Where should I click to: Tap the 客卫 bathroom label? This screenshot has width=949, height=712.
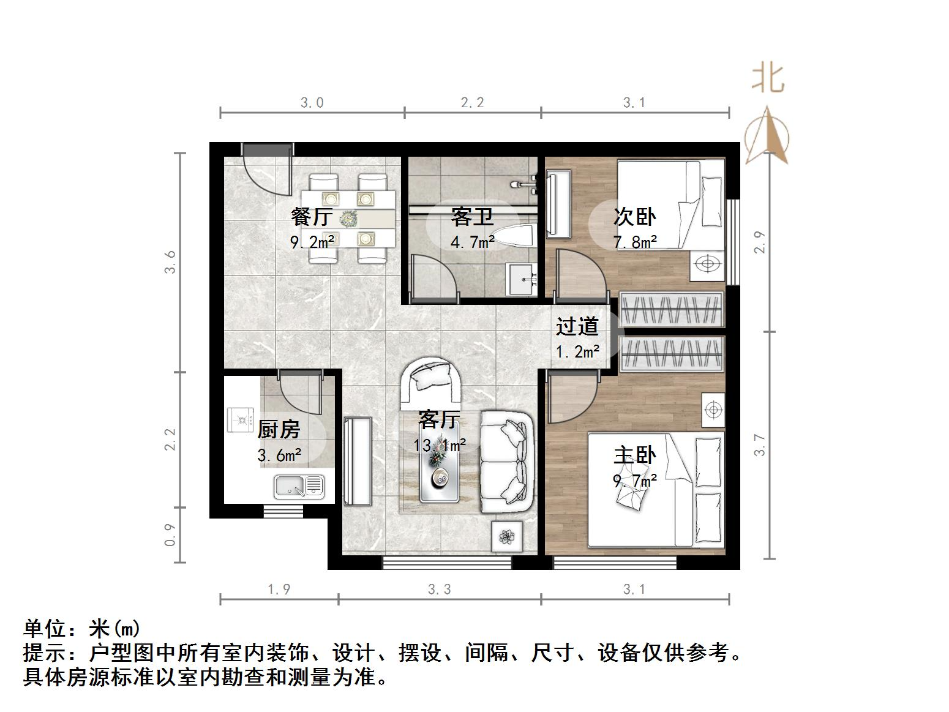click(x=472, y=217)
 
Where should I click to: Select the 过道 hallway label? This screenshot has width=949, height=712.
click(x=577, y=326)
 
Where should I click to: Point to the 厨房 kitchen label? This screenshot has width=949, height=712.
click(x=279, y=430)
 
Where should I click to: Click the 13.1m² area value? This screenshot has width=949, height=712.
click(x=440, y=445)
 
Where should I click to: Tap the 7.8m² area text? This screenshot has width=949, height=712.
click(x=636, y=242)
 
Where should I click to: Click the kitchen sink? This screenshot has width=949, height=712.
click(x=299, y=486)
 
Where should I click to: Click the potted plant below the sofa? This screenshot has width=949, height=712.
click(x=507, y=537)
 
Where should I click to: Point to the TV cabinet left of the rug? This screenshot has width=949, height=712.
click(x=358, y=461)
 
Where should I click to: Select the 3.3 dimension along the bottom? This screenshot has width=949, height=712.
click(x=440, y=590)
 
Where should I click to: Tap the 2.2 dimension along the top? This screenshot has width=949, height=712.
click(x=472, y=103)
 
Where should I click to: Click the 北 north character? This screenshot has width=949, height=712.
click(x=768, y=79)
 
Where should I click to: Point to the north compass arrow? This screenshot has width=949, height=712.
click(x=767, y=137)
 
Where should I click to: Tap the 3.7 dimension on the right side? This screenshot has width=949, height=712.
click(x=760, y=444)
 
